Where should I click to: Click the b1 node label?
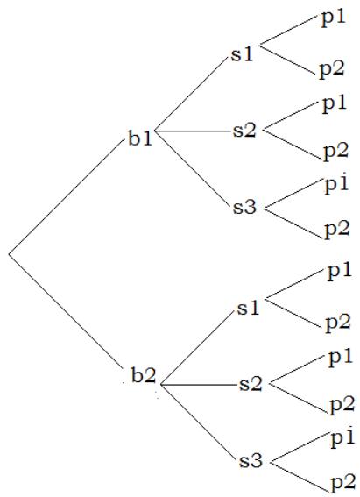click(140, 138)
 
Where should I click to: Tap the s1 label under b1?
click(243, 53)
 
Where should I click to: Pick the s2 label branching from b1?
click(244, 131)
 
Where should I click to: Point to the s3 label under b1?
click(244, 207)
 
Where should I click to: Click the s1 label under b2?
click(248, 308)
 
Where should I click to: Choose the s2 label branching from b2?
click(251, 384)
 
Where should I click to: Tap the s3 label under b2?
click(251, 460)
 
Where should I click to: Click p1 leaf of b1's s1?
click(333, 18)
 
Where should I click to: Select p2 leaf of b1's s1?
click(331, 70)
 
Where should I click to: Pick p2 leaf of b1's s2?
click(336, 152)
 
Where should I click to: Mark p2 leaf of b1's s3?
click(337, 230)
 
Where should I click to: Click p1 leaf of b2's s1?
click(340, 272)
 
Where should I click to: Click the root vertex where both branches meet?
click(9, 254)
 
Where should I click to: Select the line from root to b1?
click(66, 196)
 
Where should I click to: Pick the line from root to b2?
click(66, 311)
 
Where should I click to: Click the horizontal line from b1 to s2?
click(194, 131)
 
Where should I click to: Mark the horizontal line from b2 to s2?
click(199, 385)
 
